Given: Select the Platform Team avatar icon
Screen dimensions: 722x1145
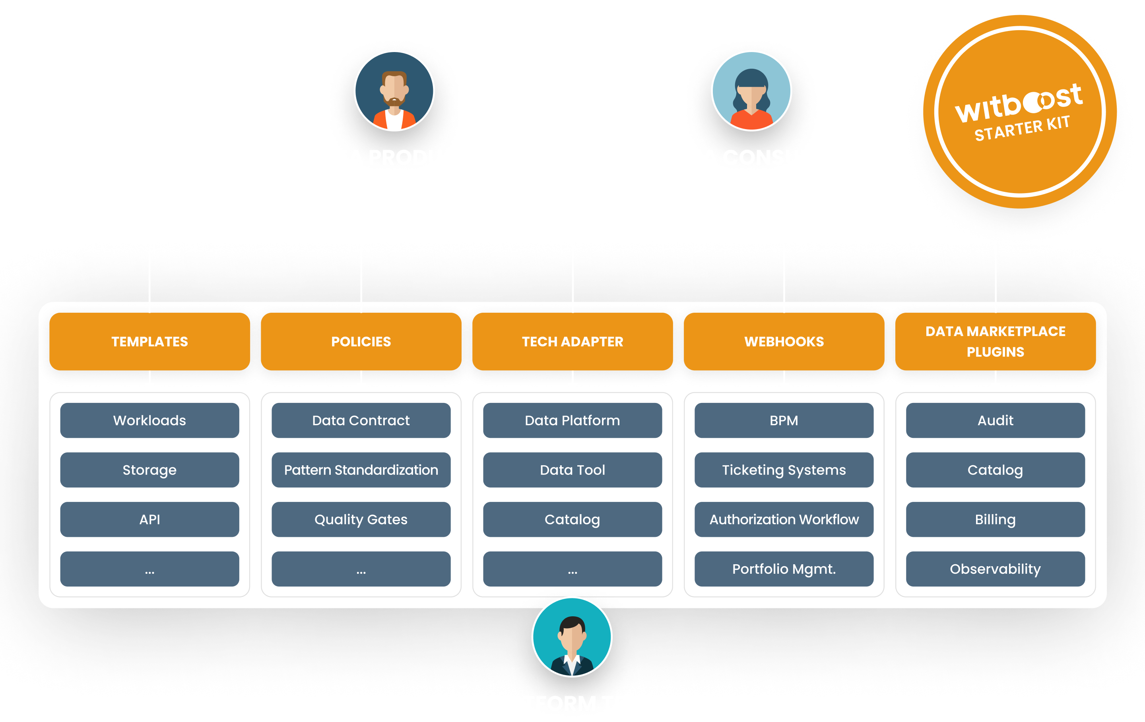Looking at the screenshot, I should pyautogui.click(x=572, y=637).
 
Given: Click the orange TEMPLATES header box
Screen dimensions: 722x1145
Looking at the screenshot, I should pyautogui.click(x=150, y=341).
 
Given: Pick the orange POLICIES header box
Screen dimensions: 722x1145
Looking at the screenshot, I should pyautogui.click(x=361, y=341).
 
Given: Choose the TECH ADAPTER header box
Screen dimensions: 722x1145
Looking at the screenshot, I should pyautogui.click(x=572, y=341).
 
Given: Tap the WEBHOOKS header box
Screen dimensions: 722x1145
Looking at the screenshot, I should pyautogui.click(x=784, y=341).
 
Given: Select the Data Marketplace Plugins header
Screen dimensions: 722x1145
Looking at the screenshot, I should pyautogui.click(x=995, y=341).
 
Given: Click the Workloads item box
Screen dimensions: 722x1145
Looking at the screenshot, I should pyautogui.click(x=150, y=420).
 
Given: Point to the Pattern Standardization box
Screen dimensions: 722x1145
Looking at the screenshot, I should pyautogui.click(x=361, y=470).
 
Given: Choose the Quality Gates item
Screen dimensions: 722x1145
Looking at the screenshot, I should pyautogui.click(x=361, y=519).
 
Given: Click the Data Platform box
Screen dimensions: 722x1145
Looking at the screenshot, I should pyautogui.click(x=572, y=420).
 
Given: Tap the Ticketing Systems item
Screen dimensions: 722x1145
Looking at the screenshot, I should pyautogui.click(x=784, y=470).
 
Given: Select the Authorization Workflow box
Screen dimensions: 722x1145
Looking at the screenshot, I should pyautogui.click(x=784, y=519).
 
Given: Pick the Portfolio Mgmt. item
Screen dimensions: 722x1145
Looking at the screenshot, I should pyautogui.click(x=784, y=569).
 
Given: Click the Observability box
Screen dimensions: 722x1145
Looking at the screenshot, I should pyautogui.click(x=995, y=569).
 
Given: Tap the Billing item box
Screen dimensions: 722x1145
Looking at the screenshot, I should pyautogui.click(x=995, y=519).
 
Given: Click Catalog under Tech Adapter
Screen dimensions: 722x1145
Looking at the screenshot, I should pyautogui.click(x=572, y=519).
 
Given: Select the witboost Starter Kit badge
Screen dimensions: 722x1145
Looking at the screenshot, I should pyautogui.click(x=1019, y=112).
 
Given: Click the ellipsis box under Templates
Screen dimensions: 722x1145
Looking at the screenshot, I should pyautogui.click(x=150, y=569).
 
